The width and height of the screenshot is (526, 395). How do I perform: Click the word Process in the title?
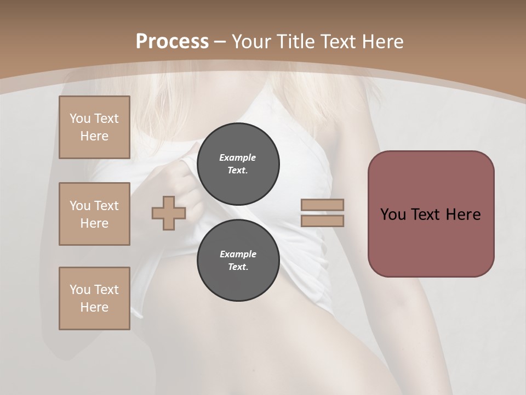pos(172,42)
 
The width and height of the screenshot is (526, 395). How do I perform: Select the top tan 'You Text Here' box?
pos(94,127)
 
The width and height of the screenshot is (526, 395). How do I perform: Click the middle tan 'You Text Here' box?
pos(94,214)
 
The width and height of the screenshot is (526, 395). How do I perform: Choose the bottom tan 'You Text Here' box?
pos(94,298)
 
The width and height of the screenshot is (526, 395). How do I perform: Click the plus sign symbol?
pos(169,213)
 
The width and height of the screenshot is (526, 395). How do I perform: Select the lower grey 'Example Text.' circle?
pos(238,260)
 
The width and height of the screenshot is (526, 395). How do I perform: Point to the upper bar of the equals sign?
pos(322,205)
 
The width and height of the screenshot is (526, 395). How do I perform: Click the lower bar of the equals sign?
pos(322,221)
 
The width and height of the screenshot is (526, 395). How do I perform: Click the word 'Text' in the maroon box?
pos(425,215)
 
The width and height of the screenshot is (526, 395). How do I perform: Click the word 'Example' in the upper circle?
pos(238,157)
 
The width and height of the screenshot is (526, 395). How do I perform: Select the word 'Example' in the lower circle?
pos(238,254)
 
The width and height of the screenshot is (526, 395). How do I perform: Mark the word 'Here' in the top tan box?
pos(94,136)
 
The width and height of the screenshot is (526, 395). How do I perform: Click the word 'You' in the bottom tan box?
pos(80,290)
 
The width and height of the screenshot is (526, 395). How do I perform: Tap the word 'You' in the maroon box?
pos(392,215)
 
